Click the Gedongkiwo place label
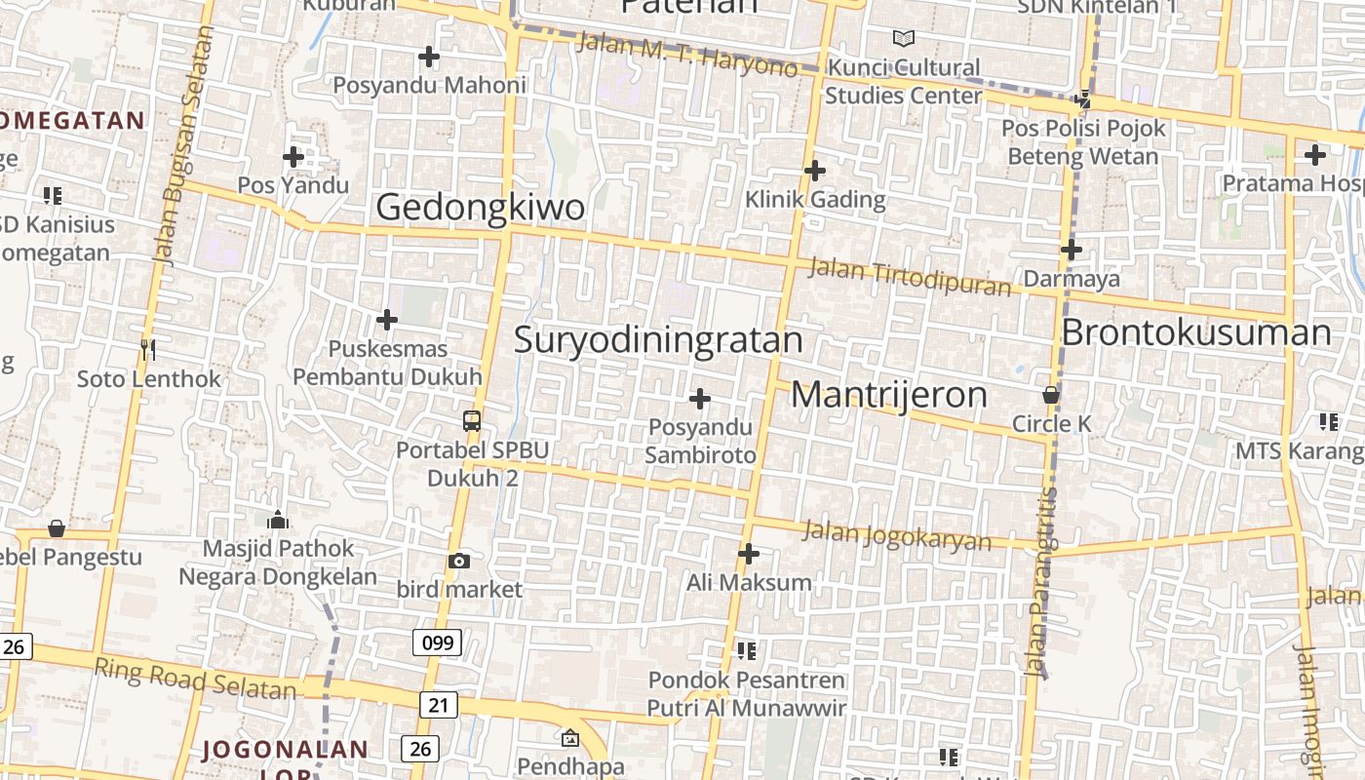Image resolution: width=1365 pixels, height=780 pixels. pyautogui.click(x=480, y=207)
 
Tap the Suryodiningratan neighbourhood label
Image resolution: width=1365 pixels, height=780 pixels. pyautogui.click(x=658, y=339)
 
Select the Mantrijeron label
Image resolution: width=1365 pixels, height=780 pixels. pyautogui.click(x=888, y=394)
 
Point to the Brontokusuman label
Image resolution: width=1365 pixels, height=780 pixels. pyautogui.click(x=1195, y=332)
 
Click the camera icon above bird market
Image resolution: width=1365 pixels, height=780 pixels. pyautogui.click(x=458, y=561)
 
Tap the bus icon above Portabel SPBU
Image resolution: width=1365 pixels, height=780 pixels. pyautogui.click(x=472, y=421)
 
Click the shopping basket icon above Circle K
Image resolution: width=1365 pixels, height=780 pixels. pyautogui.click(x=1051, y=395)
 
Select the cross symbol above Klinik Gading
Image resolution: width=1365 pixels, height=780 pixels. pyautogui.click(x=815, y=171)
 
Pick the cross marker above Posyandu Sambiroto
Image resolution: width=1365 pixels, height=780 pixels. pyautogui.click(x=700, y=399)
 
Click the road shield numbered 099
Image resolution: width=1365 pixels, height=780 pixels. pyautogui.click(x=437, y=642)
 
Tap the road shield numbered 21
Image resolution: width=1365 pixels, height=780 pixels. pyautogui.click(x=439, y=704)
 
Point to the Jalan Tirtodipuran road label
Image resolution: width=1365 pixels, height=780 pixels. pyautogui.click(x=911, y=277)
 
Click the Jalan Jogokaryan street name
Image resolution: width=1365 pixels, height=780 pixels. pyautogui.click(x=896, y=535)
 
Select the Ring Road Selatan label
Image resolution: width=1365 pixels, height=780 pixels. pyautogui.click(x=195, y=679)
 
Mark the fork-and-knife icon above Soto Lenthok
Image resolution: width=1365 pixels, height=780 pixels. pyautogui.click(x=148, y=349)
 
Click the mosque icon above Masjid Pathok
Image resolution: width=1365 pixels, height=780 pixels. pyautogui.click(x=278, y=520)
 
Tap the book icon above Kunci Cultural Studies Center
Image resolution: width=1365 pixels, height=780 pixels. pyautogui.click(x=904, y=38)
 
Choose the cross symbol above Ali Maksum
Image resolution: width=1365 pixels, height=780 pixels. pyautogui.click(x=749, y=554)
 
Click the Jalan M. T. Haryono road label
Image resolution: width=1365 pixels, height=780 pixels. pyautogui.click(x=686, y=55)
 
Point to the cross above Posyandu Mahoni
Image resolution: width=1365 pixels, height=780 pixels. pyautogui.click(x=429, y=57)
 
